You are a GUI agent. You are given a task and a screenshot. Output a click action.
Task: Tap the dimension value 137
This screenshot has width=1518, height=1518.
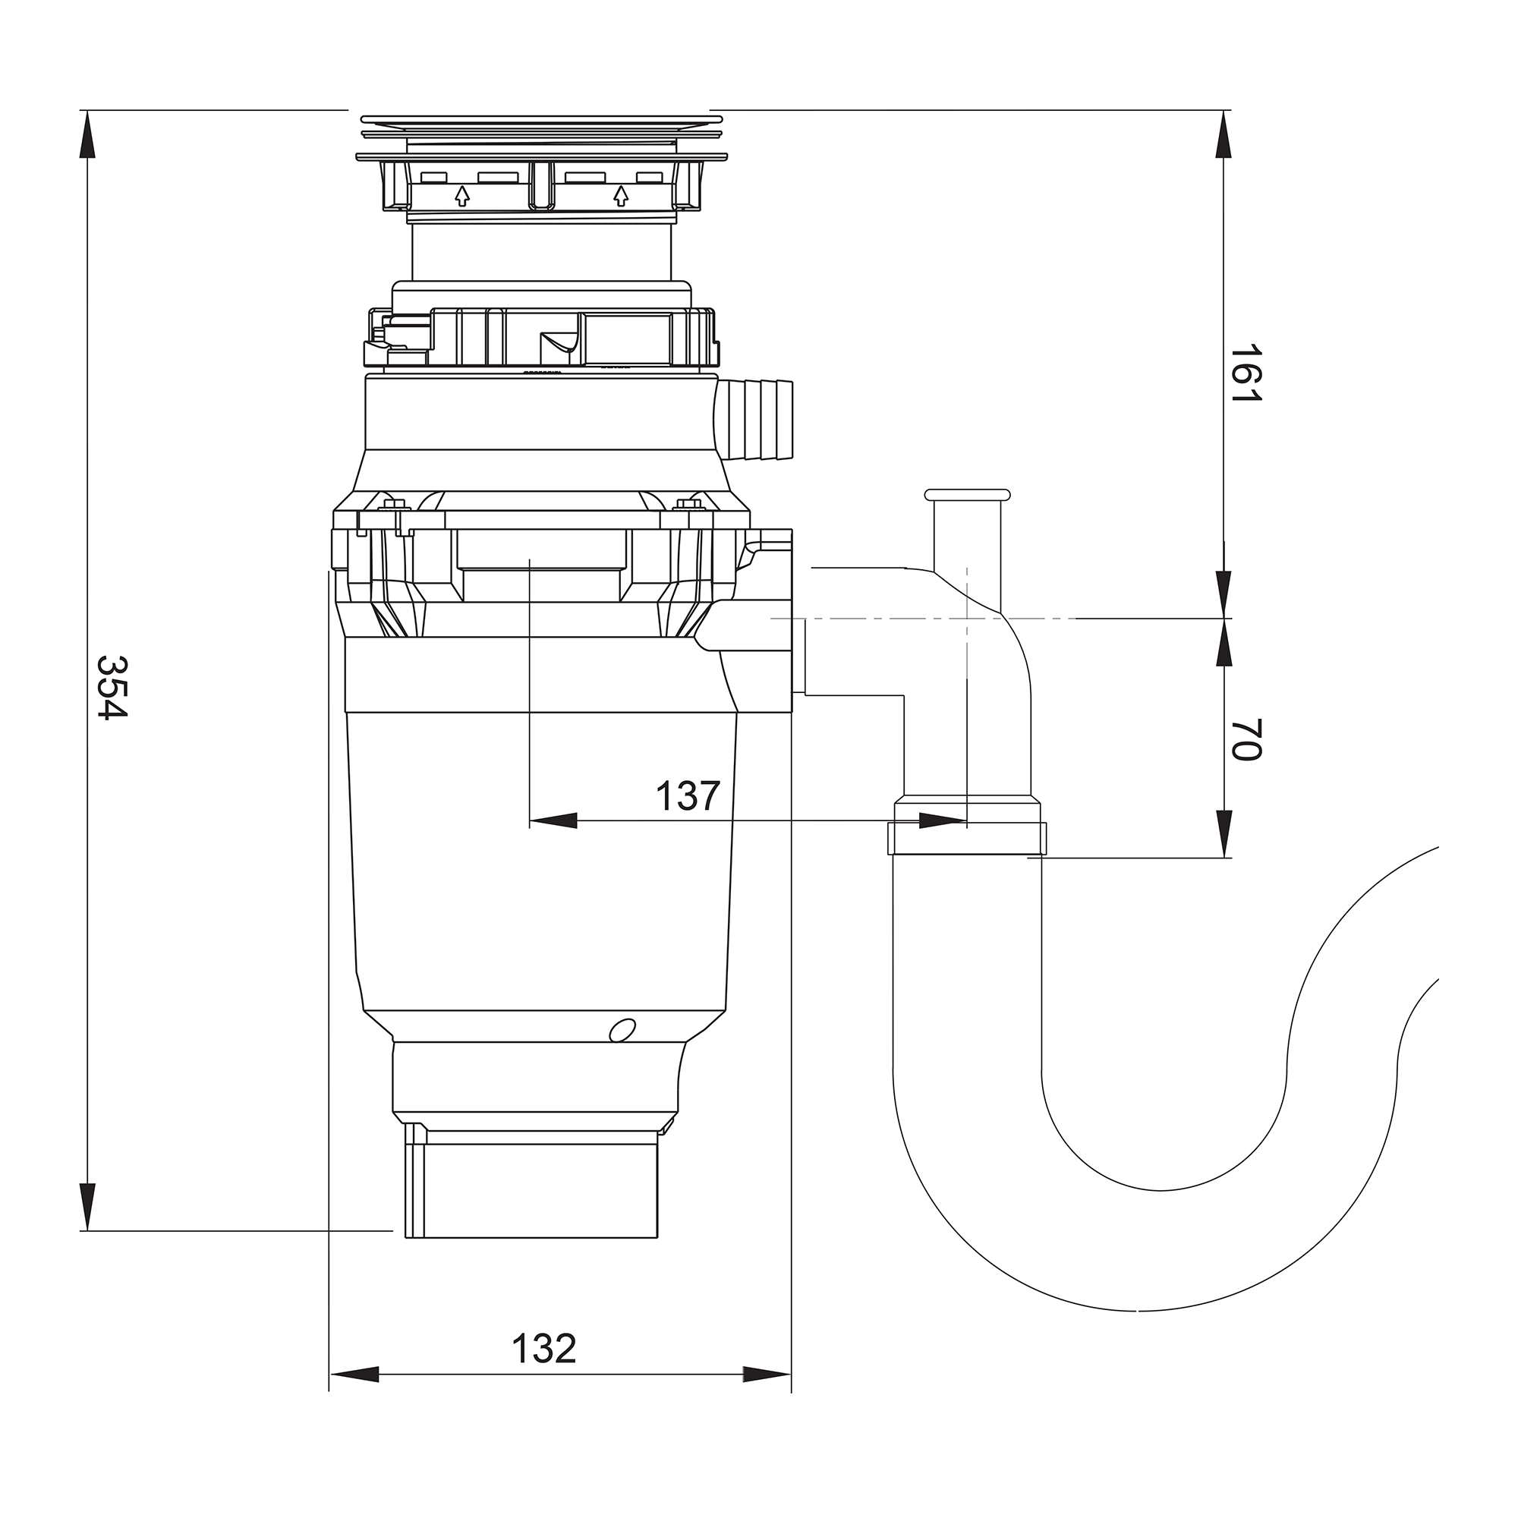(x=688, y=796)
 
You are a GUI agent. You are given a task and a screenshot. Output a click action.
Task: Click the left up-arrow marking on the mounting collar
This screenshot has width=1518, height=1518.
(x=462, y=195)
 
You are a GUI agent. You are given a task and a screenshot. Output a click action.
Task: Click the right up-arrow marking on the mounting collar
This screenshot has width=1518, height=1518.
(x=621, y=195)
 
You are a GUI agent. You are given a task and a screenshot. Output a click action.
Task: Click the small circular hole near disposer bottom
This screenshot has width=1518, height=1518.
(x=622, y=1029)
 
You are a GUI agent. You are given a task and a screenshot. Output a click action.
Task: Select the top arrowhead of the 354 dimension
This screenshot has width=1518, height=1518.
(x=87, y=134)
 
